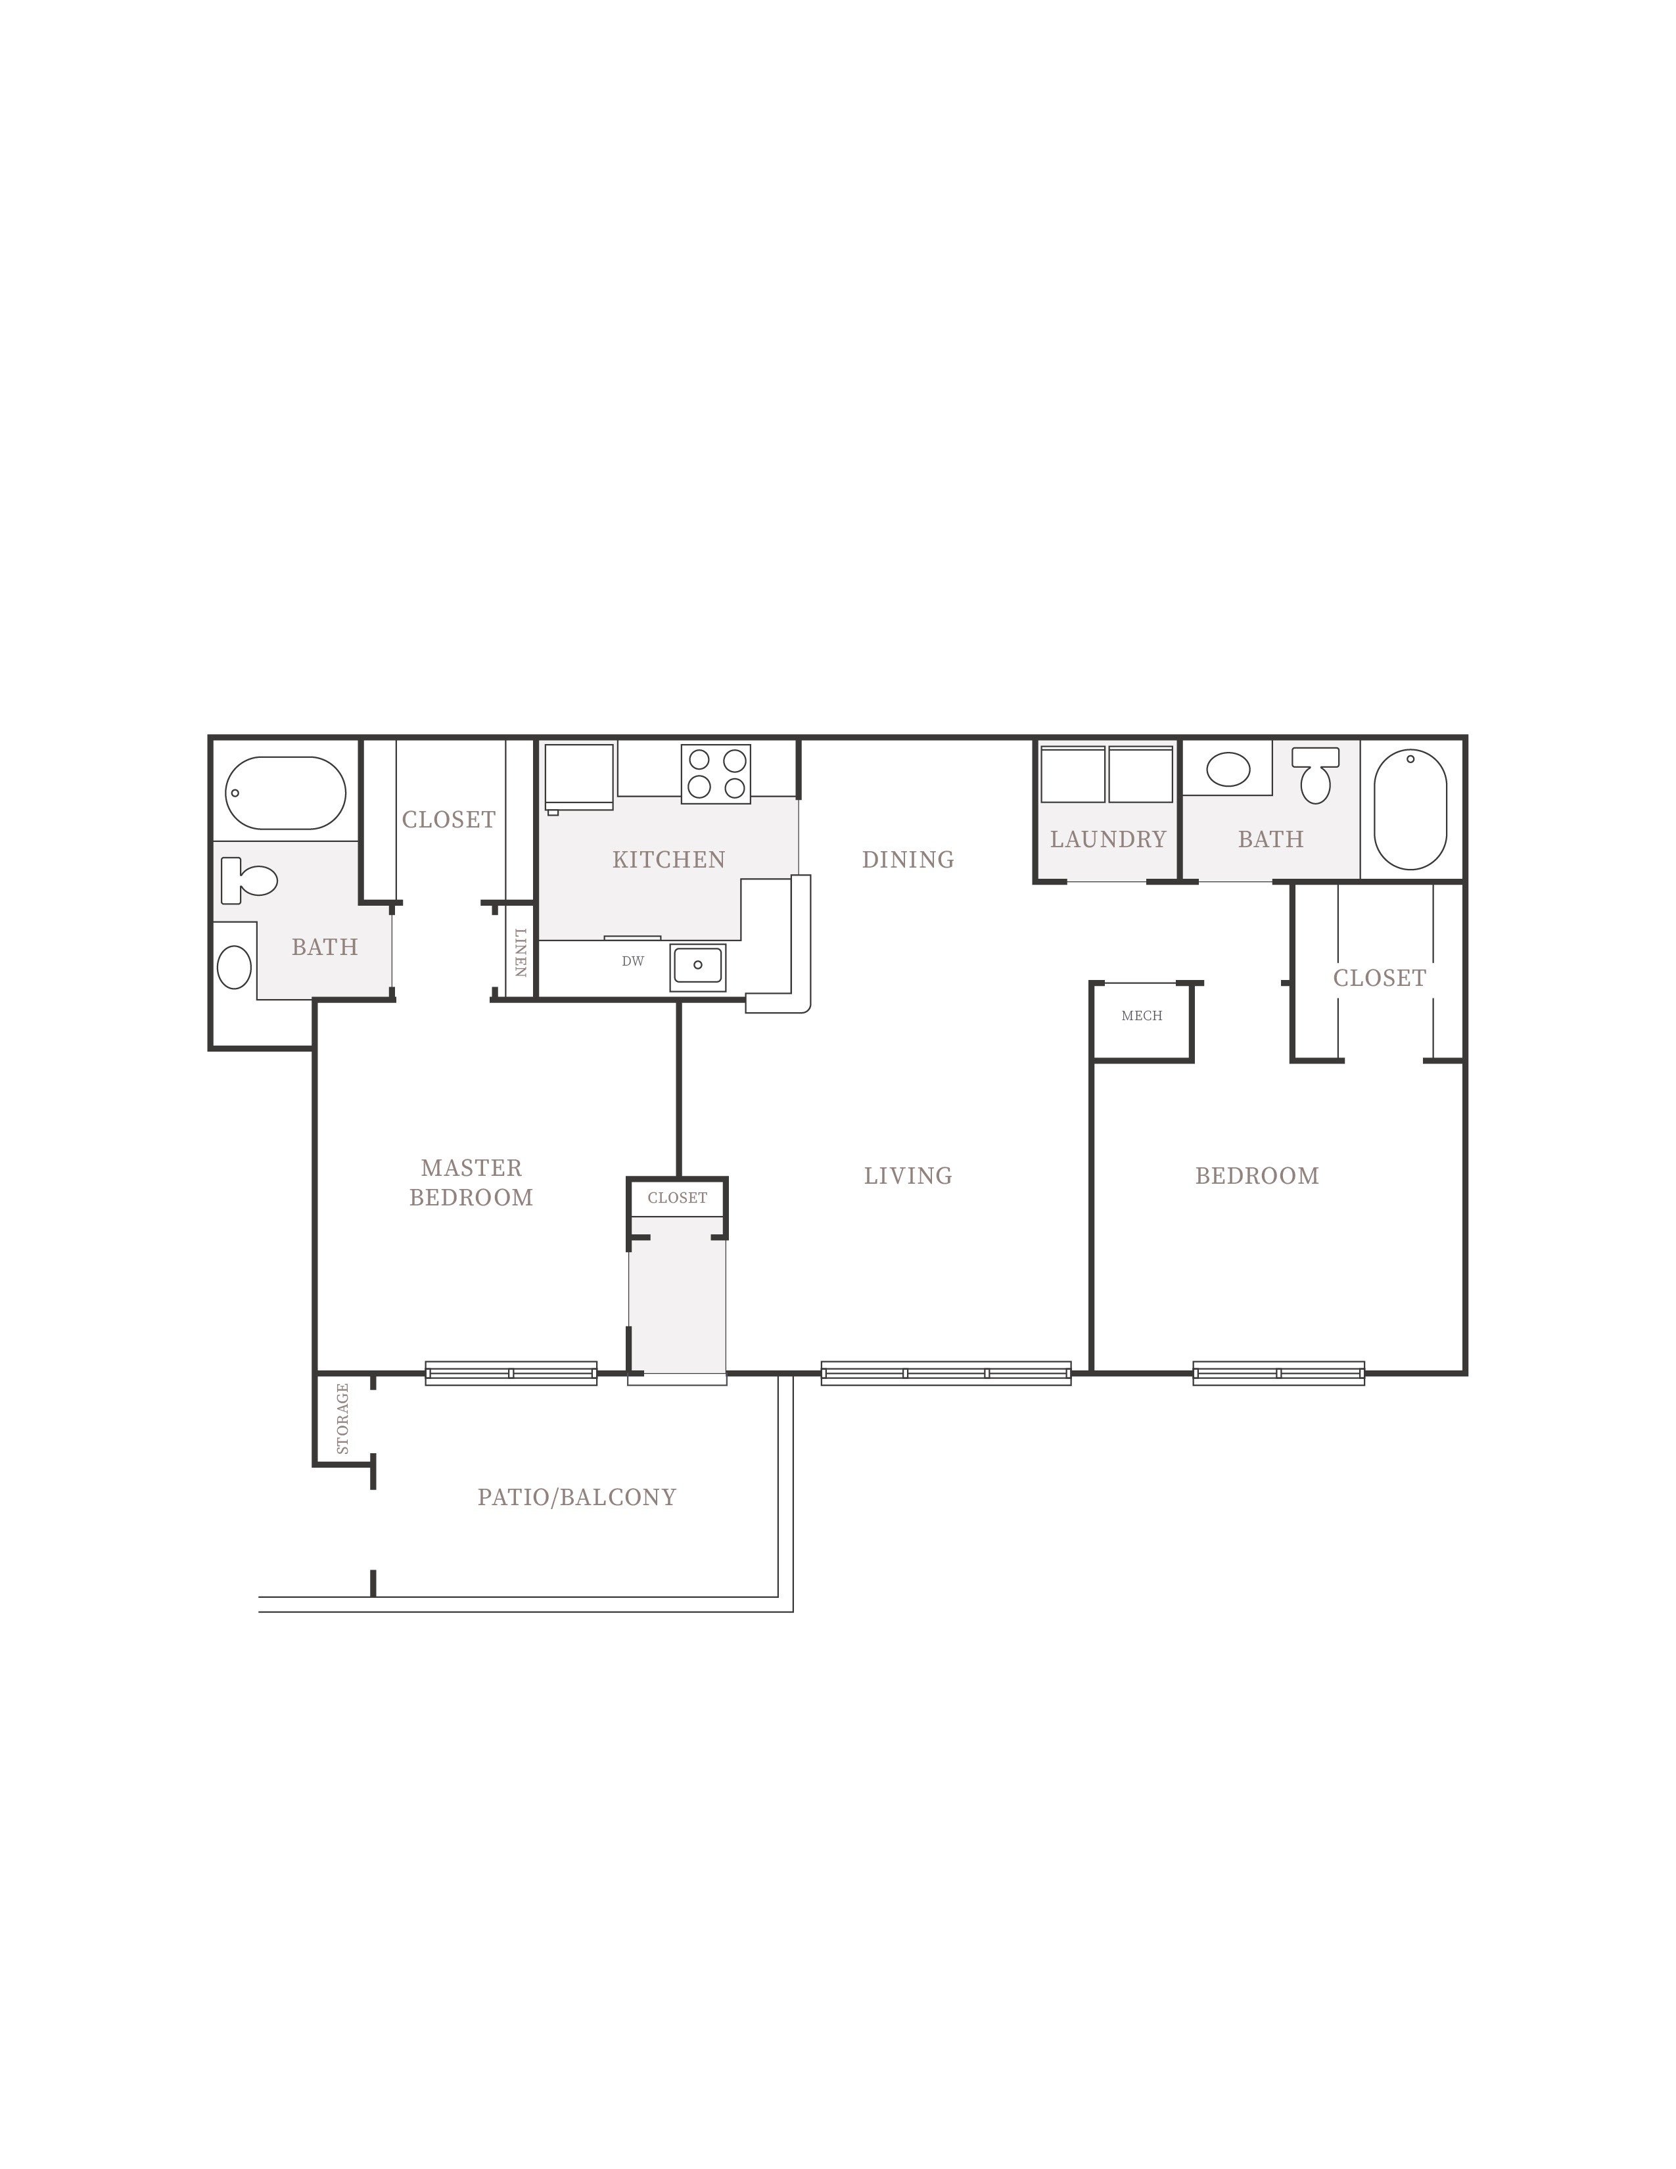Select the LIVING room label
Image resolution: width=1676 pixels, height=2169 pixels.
point(908,1176)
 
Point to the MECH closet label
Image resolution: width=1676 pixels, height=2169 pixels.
point(1142,1016)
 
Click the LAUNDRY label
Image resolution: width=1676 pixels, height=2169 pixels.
point(1108,839)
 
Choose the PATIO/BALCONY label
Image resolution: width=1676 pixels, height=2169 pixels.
point(577,1498)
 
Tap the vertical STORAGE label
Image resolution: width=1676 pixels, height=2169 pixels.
point(342,1418)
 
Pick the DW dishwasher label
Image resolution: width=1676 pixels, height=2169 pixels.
point(632,962)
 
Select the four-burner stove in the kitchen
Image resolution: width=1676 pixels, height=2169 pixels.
point(716,774)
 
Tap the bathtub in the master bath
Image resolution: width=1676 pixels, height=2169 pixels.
point(286,793)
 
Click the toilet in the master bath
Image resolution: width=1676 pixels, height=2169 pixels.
point(248,880)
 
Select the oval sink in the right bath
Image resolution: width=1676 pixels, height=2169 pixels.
point(1228,770)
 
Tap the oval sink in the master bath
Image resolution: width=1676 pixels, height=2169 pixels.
point(235,966)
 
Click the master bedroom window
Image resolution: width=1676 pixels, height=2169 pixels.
point(511,1374)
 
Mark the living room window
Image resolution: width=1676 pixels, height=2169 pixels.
point(946,1374)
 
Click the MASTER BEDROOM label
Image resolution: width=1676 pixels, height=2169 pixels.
point(472,1183)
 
